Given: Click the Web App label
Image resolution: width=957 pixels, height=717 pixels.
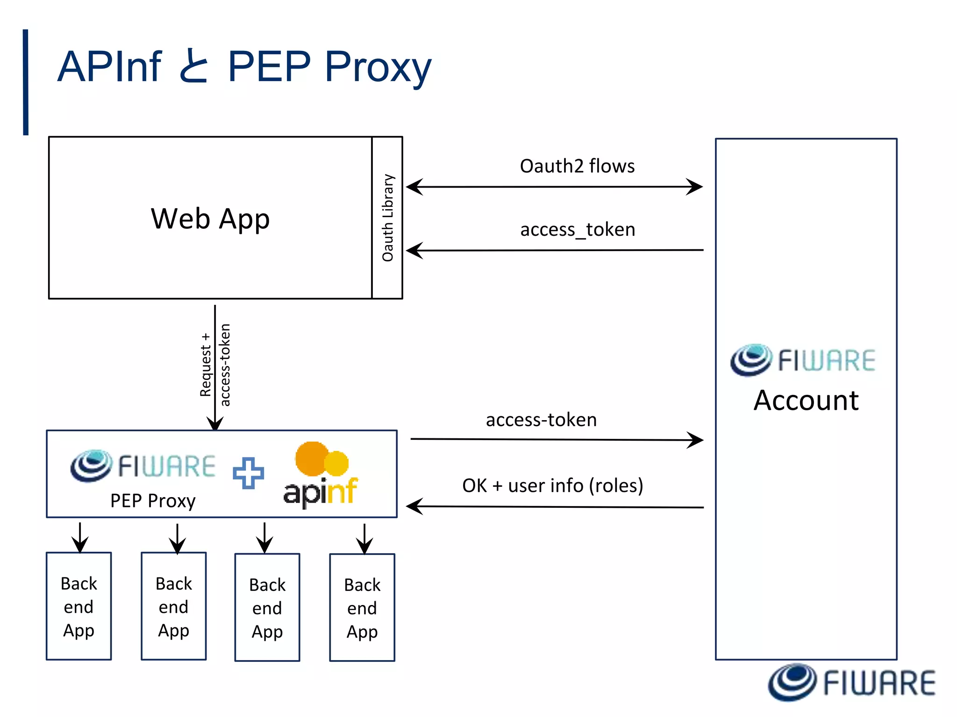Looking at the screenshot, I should (x=210, y=218).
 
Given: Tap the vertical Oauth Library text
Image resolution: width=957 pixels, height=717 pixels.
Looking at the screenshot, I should (x=388, y=218).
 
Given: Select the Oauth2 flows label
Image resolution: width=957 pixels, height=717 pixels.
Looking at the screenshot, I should (x=577, y=166).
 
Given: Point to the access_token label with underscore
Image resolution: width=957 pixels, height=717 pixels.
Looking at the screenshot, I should (x=578, y=230).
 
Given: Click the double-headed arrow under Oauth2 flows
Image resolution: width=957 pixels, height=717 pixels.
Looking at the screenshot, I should (x=554, y=187).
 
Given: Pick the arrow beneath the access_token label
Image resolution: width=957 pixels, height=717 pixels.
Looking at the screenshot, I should (x=554, y=251).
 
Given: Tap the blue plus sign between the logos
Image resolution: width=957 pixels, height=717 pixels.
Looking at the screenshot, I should (x=248, y=473).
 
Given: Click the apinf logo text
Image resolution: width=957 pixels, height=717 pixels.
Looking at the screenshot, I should (x=321, y=492).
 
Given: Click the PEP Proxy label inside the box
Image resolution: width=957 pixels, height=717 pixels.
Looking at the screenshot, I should (x=153, y=501).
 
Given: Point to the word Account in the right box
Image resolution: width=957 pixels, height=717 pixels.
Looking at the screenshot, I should (x=806, y=401).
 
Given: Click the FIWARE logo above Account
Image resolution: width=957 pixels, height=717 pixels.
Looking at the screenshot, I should (x=803, y=360).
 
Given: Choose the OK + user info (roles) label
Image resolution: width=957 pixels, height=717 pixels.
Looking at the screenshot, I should (x=552, y=485).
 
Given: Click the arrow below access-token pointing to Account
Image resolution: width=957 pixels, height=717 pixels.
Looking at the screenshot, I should (x=556, y=440).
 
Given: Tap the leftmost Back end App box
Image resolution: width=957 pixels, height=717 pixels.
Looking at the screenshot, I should (x=79, y=606).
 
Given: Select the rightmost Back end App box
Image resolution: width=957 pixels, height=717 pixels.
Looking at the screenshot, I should (x=362, y=607).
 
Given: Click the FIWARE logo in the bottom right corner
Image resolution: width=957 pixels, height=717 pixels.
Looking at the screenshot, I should (x=852, y=682).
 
